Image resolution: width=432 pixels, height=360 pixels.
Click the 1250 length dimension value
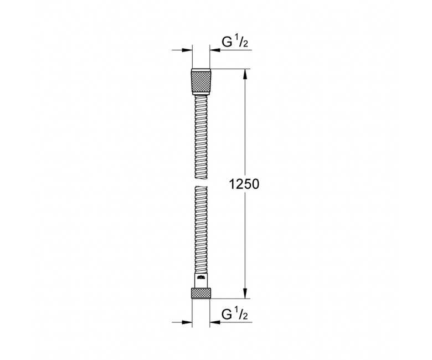(x=244, y=184)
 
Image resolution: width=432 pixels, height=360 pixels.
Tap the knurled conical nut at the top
(x=201, y=82)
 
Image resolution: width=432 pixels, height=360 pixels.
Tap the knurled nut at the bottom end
(x=201, y=293)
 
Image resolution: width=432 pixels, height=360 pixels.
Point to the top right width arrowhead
(x=215, y=50)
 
